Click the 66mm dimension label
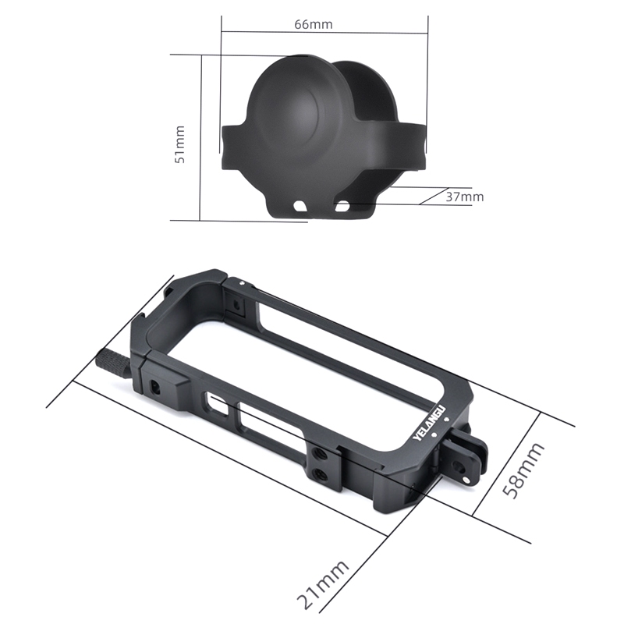(314, 24)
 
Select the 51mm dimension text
(179, 144)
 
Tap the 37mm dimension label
(464, 197)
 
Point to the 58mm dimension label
(523, 470)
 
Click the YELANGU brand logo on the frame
(431, 423)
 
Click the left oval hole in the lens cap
(300, 205)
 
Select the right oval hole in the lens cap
(342, 206)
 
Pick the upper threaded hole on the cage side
(318, 453)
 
